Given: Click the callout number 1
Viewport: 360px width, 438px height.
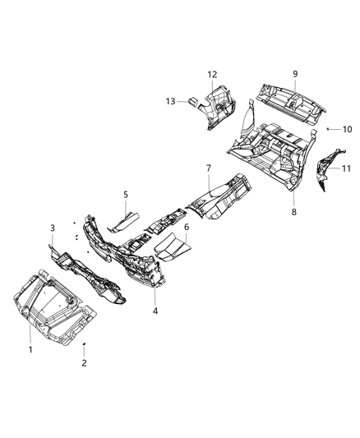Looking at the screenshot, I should pos(30,350).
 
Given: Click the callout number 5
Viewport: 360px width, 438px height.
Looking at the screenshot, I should pos(126,195).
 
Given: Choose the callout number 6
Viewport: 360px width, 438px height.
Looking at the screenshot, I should pos(187,226).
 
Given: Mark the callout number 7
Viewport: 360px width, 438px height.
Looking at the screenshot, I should pos(209,168).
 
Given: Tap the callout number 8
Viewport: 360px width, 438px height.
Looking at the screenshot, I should pos(293,210).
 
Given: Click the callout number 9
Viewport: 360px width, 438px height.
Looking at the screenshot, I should pos(294,74).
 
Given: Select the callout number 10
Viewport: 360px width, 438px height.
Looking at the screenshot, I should pos(347,129).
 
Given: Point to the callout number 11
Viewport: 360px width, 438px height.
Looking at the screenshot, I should pos(346,168).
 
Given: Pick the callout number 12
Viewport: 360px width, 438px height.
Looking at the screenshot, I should pos(212,76).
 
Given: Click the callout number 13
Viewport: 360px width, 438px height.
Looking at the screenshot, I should pos(172,101).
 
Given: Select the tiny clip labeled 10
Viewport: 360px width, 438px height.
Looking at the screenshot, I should pos(327,129).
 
